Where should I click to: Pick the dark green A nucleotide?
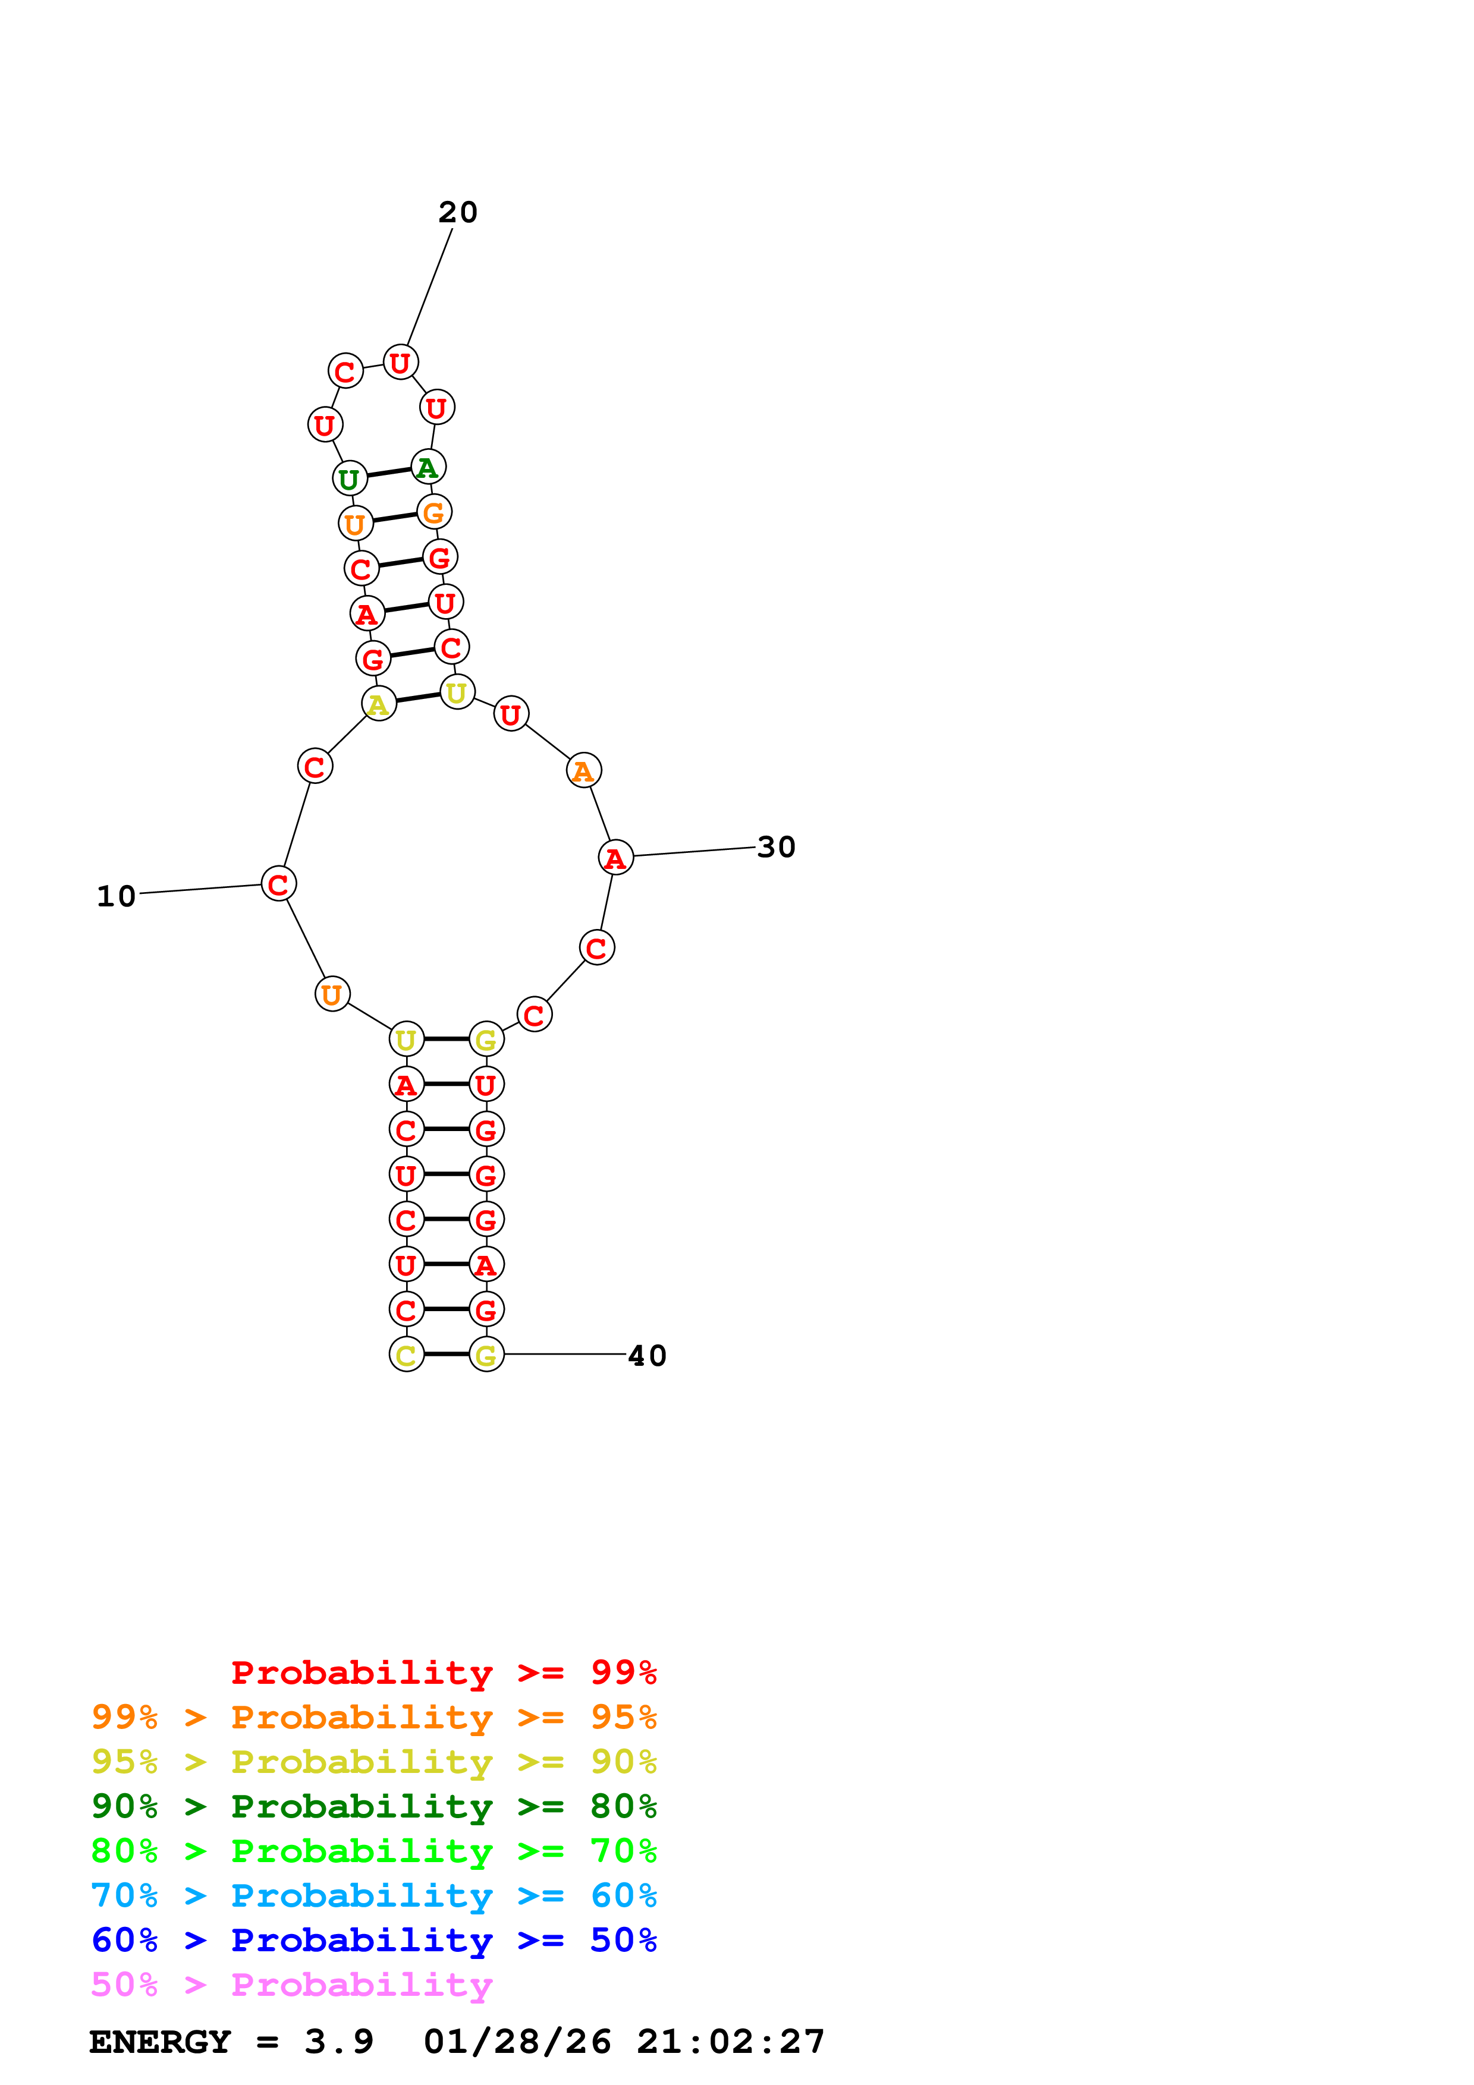(428, 468)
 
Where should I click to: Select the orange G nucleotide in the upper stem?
(434, 512)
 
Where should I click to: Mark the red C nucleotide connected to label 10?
(278, 884)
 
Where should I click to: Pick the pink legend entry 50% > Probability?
(291, 1985)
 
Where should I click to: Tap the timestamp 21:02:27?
(730, 2042)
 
